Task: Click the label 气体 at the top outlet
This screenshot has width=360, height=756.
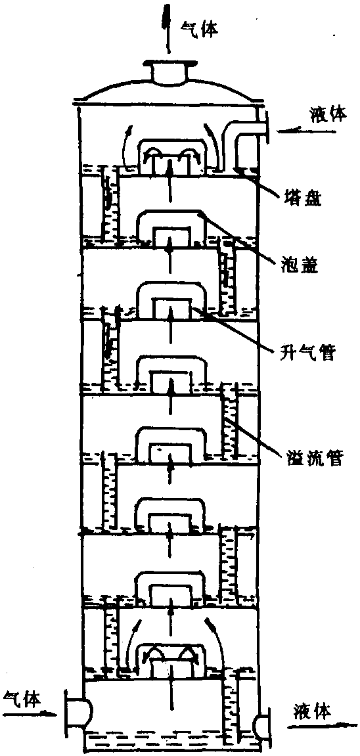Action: click(x=198, y=30)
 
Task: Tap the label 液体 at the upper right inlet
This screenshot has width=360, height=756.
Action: click(x=326, y=116)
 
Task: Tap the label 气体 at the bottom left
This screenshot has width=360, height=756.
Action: click(x=22, y=697)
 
